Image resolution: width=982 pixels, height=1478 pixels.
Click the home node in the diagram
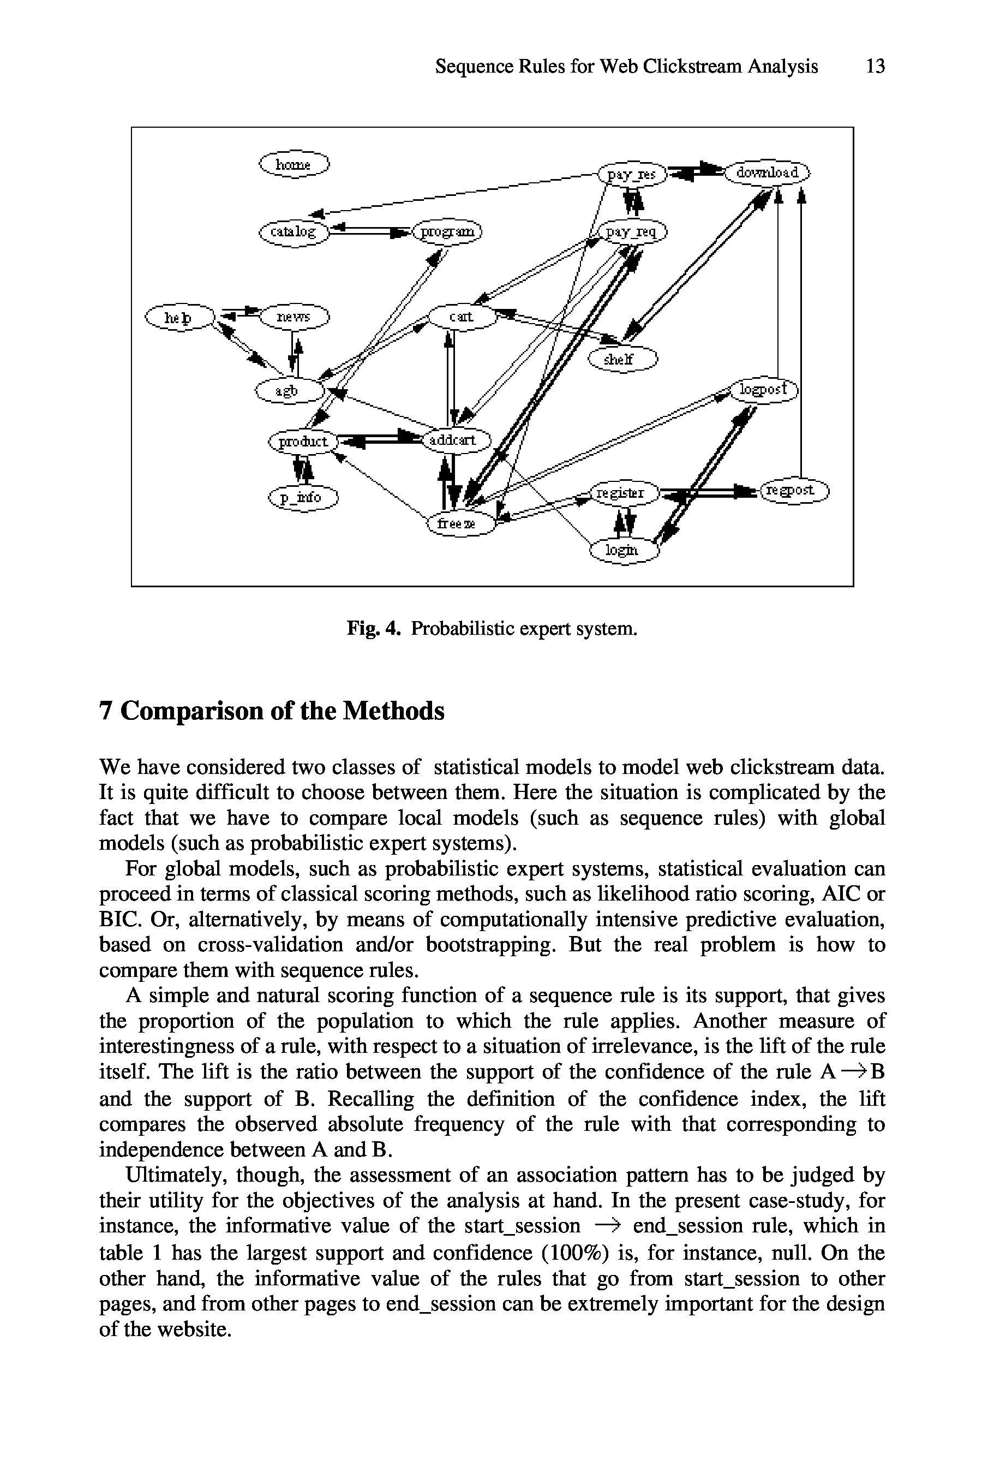coord(294,164)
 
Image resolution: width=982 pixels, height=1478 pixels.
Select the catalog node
coord(294,233)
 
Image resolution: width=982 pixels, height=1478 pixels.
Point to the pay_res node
coord(632,174)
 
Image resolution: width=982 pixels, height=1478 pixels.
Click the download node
coord(767,172)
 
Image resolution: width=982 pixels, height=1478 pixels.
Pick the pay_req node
coord(632,233)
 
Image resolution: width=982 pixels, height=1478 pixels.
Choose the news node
coord(294,317)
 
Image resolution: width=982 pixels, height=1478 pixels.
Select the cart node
coord(462,317)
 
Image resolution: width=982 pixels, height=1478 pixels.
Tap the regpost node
coord(793,490)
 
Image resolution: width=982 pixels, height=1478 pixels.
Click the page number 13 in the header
coord(875,67)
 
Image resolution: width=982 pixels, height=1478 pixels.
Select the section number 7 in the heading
coord(106,711)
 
